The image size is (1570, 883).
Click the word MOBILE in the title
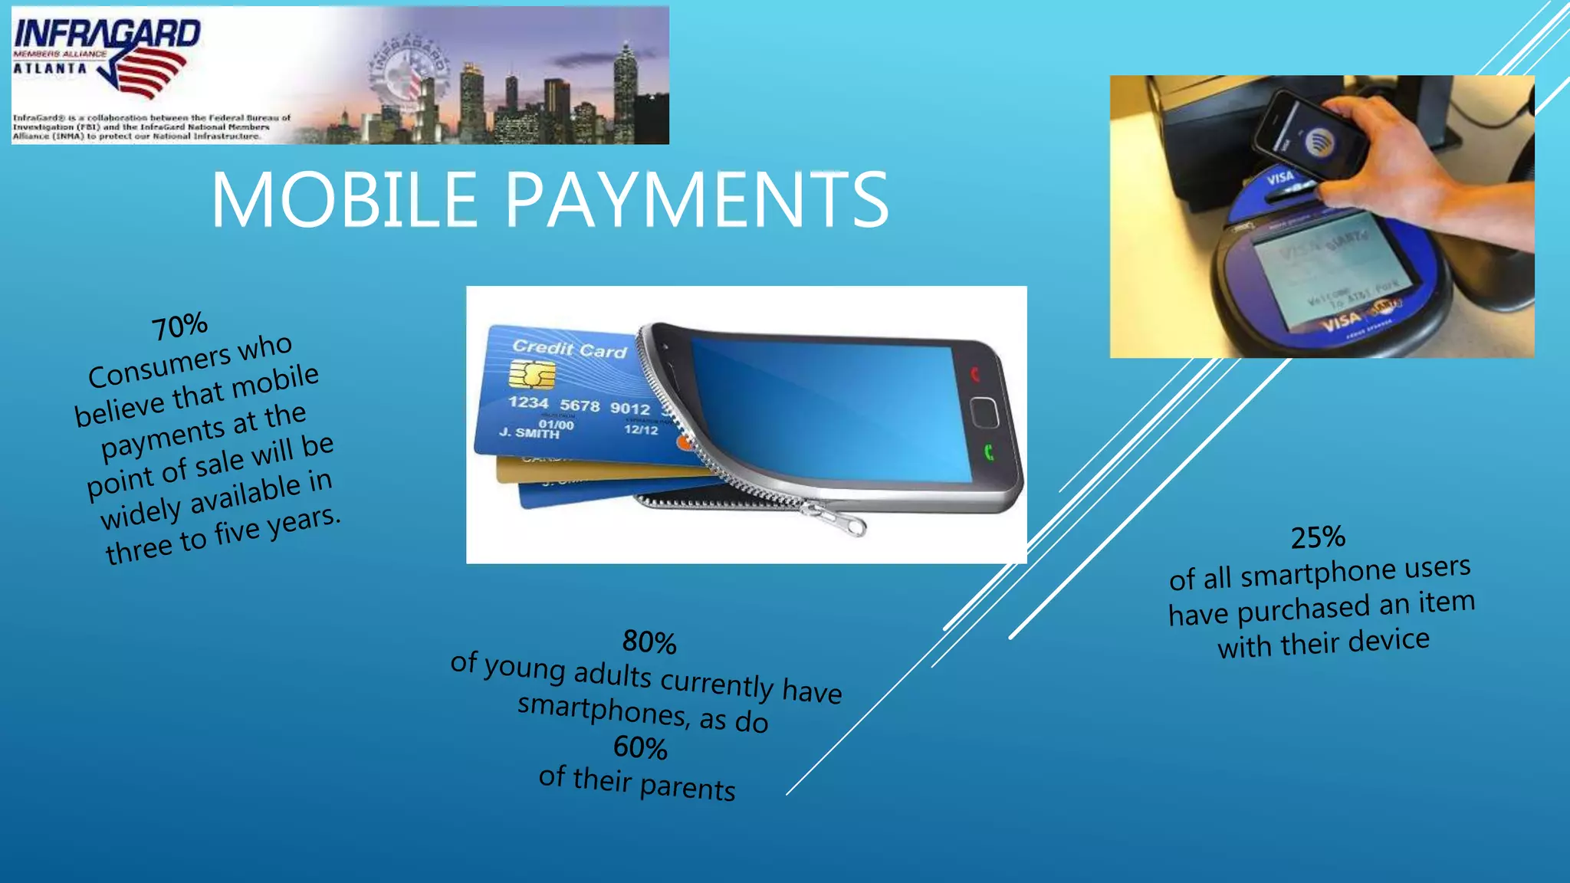click(x=344, y=200)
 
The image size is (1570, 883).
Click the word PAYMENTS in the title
click(x=696, y=200)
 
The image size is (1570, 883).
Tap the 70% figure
click(x=179, y=326)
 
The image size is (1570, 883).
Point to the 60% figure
click(x=640, y=747)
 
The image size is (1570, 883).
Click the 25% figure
click(x=1318, y=537)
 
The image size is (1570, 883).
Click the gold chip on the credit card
click(x=532, y=375)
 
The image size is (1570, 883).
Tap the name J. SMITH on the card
click(x=529, y=433)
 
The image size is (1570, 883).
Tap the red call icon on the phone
click(x=975, y=374)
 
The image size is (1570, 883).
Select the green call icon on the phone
click(x=988, y=452)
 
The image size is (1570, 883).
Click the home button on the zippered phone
click(x=984, y=412)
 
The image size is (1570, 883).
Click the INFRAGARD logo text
click(x=107, y=34)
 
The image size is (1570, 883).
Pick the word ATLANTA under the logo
click(x=50, y=68)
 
